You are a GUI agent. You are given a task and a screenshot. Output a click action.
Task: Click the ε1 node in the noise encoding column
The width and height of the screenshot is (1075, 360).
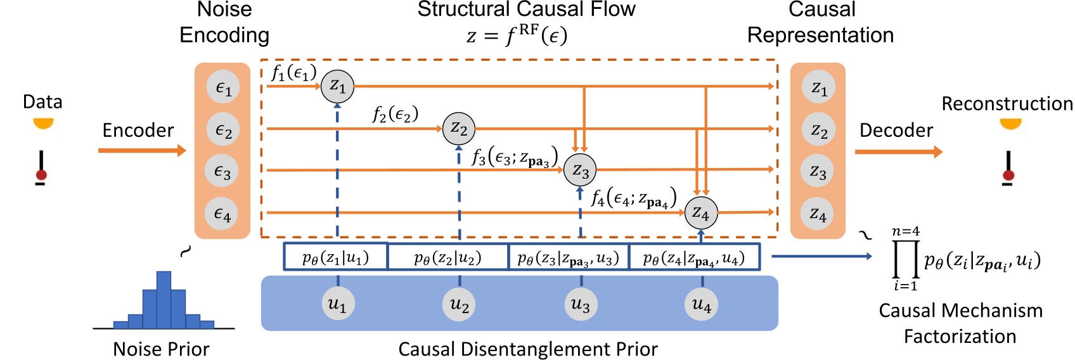pyautogui.click(x=222, y=87)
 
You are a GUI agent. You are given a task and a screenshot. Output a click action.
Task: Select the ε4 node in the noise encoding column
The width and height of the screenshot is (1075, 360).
pyautogui.click(x=222, y=214)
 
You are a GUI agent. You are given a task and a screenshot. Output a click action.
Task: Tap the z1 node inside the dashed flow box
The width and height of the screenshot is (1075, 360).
pyautogui.click(x=337, y=86)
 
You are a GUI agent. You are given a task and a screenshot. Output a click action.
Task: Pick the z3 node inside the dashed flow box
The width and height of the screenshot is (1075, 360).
pyautogui.click(x=580, y=170)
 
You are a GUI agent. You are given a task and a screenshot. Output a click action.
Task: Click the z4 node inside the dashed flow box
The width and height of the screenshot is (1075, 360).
pyautogui.click(x=701, y=213)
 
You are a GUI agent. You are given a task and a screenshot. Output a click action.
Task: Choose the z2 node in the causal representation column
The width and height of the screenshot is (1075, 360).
pyautogui.click(x=819, y=131)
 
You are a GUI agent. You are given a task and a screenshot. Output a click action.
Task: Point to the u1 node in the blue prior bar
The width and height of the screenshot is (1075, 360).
pyautogui.click(x=337, y=304)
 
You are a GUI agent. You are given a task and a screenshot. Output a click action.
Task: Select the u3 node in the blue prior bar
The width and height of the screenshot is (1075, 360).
pyautogui.click(x=580, y=304)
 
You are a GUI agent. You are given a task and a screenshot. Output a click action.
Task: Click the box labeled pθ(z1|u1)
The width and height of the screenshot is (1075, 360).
pyautogui.click(x=335, y=257)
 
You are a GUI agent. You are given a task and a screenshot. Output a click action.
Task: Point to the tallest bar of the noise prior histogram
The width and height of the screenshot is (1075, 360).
pyautogui.click(x=164, y=300)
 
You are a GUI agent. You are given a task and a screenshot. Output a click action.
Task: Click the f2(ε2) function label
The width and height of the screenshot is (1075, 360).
pyautogui.click(x=395, y=114)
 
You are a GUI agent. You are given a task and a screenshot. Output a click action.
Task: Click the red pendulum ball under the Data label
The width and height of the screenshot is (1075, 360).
pyautogui.click(x=42, y=175)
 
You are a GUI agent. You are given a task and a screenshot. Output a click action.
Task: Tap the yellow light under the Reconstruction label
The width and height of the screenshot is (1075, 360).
pyautogui.click(x=1010, y=124)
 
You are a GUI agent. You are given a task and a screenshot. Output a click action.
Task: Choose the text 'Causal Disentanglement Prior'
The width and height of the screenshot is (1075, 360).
pyautogui.click(x=527, y=349)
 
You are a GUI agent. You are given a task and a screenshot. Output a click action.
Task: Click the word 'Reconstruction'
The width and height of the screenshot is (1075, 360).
pyautogui.click(x=1007, y=103)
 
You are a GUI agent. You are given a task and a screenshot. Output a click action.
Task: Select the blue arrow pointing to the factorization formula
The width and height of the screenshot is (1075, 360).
pyautogui.click(x=821, y=256)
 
